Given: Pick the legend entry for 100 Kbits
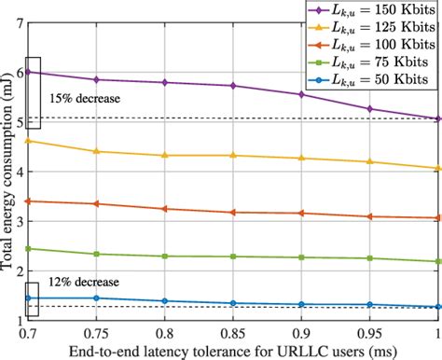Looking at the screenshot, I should (x=373, y=47).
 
